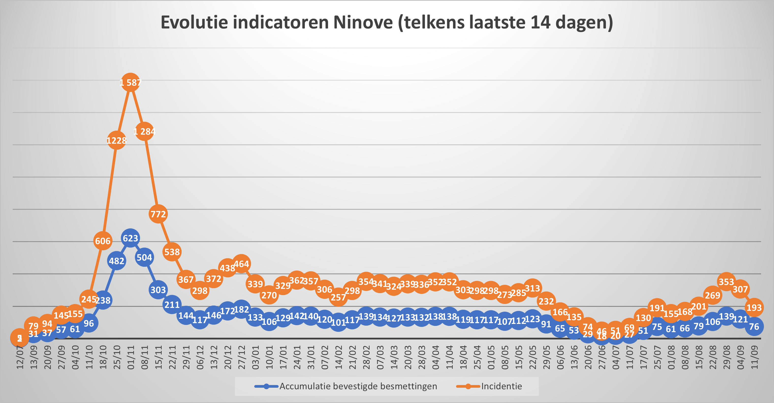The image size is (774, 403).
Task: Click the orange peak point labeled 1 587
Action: pyautogui.click(x=130, y=82)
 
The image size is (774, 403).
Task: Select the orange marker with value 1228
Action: pyautogui.click(x=117, y=140)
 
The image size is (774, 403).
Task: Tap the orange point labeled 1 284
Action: pyautogui.click(x=144, y=132)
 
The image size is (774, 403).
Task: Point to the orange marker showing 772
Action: pyautogui.click(x=158, y=214)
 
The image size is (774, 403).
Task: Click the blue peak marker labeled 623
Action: pyautogui.click(x=130, y=238)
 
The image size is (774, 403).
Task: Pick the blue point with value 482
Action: pyautogui.click(x=117, y=261)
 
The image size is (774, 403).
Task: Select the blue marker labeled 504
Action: pyautogui.click(x=144, y=257)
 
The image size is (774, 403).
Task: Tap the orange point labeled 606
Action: pyautogui.click(x=103, y=241)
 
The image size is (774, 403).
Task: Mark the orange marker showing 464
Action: pyautogui.click(x=241, y=264)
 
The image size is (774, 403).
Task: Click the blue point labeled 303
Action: pyautogui.click(x=158, y=290)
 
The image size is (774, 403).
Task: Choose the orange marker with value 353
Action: pyautogui.click(x=726, y=282)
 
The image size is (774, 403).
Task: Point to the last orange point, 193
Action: pyautogui.click(x=754, y=307)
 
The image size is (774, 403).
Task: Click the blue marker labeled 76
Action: pyautogui.click(x=754, y=326)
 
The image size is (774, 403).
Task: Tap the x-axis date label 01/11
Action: pyautogui.click(x=131, y=358)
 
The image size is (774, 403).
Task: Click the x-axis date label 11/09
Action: pyautogui.click(x=754, y=358)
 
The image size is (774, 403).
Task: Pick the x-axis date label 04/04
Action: pyautogui.click(x=436, y=358)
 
